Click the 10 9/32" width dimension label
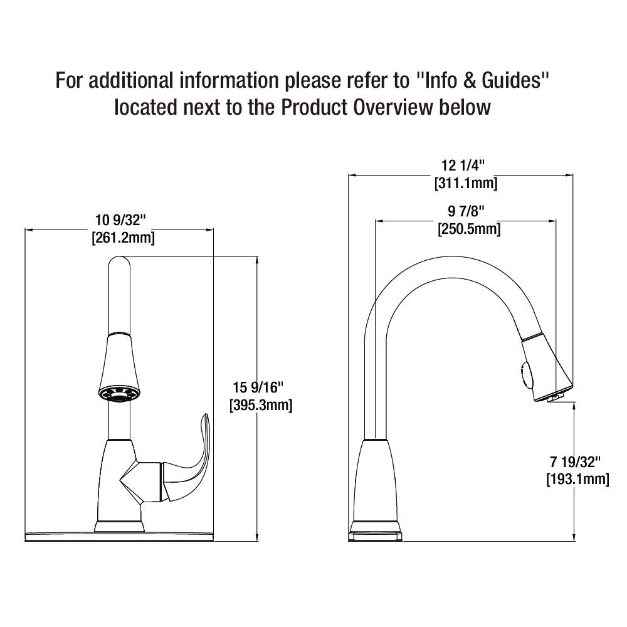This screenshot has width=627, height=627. [120, 219]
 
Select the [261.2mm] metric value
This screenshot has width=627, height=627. [123, 238]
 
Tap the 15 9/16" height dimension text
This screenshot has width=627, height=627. [258, 387]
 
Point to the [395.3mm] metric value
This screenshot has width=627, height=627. [261, 404]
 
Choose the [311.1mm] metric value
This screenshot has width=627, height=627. [466, 183]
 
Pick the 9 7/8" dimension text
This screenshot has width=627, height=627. [466, 211]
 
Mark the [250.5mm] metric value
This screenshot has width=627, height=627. [469, 229]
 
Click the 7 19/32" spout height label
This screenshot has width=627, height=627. [575, 462]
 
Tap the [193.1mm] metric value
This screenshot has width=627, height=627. [578, 479]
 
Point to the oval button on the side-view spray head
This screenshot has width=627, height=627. [527, 374]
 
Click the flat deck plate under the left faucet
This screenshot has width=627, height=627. [120, 536]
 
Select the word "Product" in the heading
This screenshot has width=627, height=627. [314, 107]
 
